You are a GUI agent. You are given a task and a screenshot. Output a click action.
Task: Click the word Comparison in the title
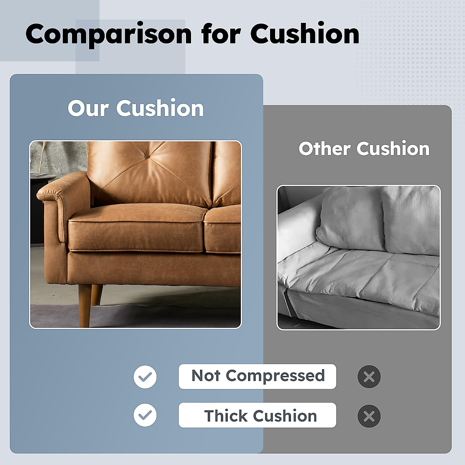pos(108,34)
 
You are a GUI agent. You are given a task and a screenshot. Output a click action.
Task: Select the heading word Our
pos(88,108)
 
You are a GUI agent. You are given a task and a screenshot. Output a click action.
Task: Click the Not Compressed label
pos(257,376)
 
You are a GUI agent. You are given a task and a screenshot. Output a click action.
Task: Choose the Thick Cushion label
pos(257,415)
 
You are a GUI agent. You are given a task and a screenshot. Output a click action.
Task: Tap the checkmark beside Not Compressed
pos(145,377)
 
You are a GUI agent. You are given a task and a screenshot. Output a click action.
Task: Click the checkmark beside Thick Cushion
pos(145,415)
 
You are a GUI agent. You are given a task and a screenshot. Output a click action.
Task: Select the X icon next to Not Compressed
pos(369,377)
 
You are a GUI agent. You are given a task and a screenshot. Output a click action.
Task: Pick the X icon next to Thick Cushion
pos(369,416)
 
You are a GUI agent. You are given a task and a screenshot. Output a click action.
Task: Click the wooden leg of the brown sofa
pos(85,305)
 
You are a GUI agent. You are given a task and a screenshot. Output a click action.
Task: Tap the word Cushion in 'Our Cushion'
pos(160,108)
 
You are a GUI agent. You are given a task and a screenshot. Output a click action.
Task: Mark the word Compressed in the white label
pos(275,376)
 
